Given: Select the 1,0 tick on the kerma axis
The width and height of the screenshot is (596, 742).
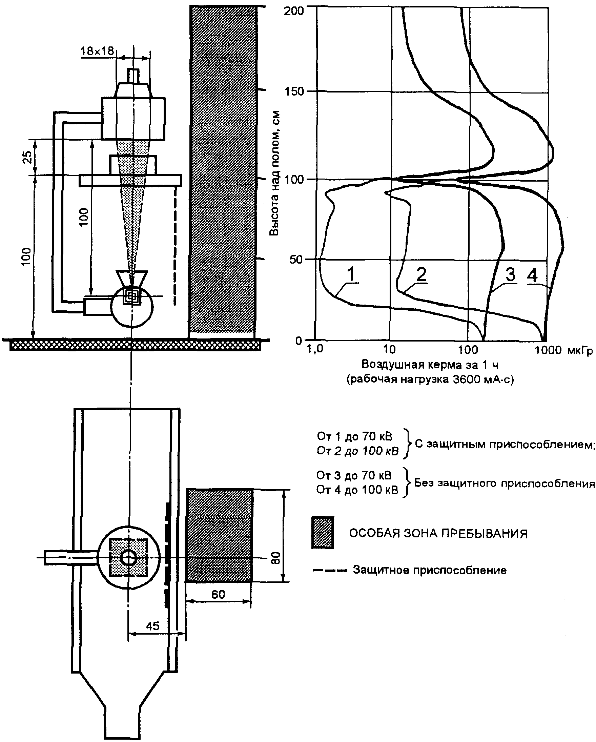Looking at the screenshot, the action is (x=315, y=349).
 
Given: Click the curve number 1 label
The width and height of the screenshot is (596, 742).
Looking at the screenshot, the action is (x=351, y=274).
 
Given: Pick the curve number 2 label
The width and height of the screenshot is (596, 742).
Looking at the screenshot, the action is (x=422, y=274).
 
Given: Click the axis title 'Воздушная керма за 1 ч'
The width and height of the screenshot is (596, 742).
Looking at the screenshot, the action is (x=430, y=365).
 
